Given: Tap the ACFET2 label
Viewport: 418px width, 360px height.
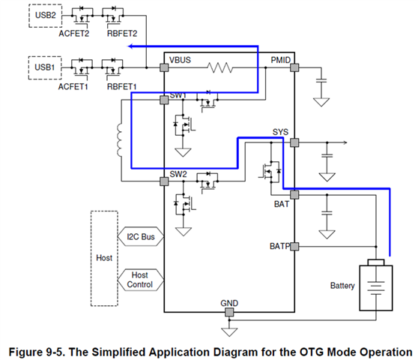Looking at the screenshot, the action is [x=74, y=34].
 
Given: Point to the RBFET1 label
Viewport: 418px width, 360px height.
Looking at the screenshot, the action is [x=122, y=87].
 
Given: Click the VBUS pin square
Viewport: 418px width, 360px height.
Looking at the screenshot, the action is [x=164, y=67].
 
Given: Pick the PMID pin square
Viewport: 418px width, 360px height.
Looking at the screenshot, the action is [x=294, y=67].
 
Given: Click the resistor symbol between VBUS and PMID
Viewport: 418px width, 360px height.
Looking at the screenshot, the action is [x=220, y=67].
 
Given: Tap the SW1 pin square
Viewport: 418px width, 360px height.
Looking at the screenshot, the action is [x=164, y=100].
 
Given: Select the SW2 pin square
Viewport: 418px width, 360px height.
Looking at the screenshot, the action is [x=164, y=181].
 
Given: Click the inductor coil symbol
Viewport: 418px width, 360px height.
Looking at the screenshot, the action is [x=119, y=140].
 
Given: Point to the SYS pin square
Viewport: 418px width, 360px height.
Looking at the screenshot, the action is [x=294, y=142].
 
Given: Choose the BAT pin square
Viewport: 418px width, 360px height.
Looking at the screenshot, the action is [x=294, y=195].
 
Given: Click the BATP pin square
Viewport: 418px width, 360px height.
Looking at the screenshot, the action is [x=294, y=246].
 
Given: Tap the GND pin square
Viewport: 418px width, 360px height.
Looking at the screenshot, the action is [x=229, y=312].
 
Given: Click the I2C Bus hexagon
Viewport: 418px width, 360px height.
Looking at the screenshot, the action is [x=141, y=236].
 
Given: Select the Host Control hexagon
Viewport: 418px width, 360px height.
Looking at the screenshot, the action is [x=141, y=280].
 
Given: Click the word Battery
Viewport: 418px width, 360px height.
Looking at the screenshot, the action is [x=342, y=286].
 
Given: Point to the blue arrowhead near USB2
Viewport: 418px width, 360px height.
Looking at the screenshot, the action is [x=130, y=46].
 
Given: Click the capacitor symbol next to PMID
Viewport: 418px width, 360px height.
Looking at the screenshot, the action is [x=321, y=80].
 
